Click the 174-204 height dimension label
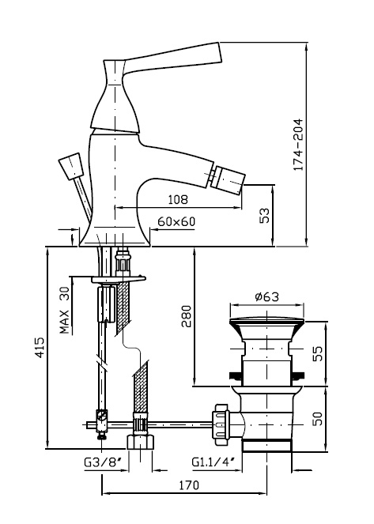click(298, 145)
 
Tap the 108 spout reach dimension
click(178, 199)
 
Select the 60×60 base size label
click(176, 221)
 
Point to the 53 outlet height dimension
click(264, 216)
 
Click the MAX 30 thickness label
click(65, 311)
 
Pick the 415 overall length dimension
click(40, 348)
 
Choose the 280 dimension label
click(186, 316)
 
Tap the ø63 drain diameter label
click(266, 296)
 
